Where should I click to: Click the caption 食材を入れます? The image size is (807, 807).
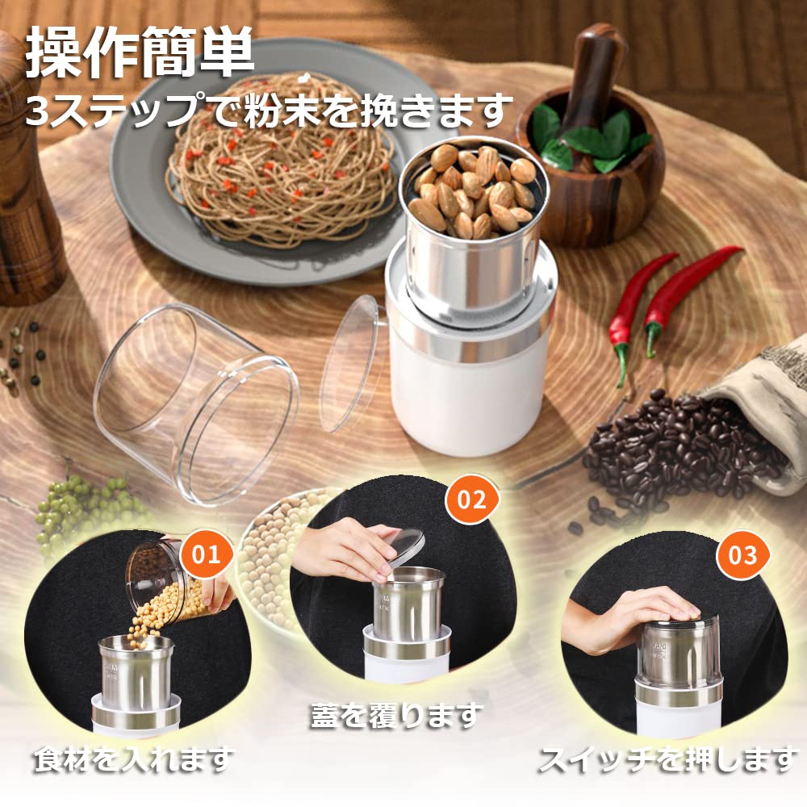[133, 759]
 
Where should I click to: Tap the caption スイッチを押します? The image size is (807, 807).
[667, 759]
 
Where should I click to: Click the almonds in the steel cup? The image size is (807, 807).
[475, 190]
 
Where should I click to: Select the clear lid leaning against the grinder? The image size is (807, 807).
[349, 363]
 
